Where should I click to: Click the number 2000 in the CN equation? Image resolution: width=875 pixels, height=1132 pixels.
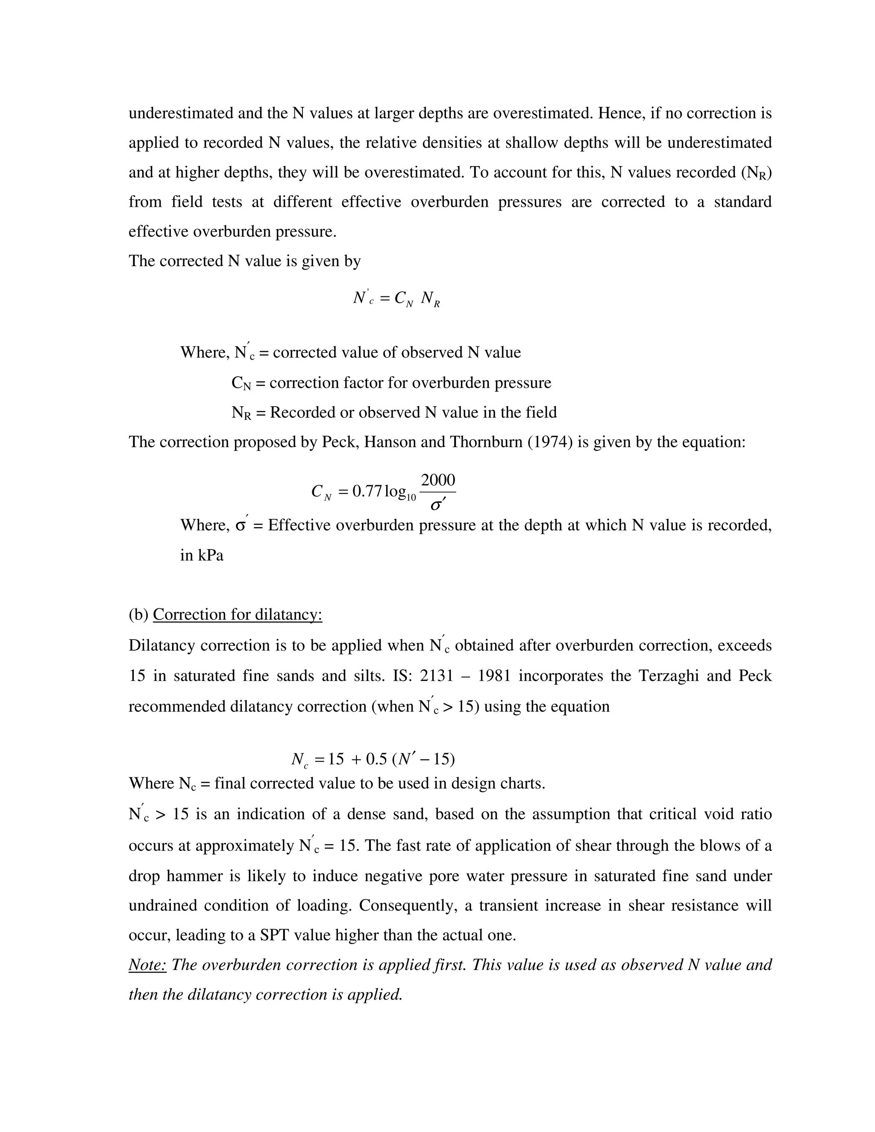[x=438, y=481]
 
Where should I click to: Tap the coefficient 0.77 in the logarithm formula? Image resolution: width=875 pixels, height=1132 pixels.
[x=367, y=491]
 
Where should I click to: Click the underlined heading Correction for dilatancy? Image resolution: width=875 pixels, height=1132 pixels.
[x=238, y=614]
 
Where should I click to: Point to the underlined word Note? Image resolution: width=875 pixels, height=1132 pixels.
[x=147, y=965]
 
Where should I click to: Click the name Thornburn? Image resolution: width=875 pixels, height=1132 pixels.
[x=486, y=442]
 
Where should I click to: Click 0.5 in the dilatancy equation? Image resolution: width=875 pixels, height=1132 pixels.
[x=376, y=760]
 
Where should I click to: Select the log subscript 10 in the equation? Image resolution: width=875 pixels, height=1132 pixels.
[x=411, y=498]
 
